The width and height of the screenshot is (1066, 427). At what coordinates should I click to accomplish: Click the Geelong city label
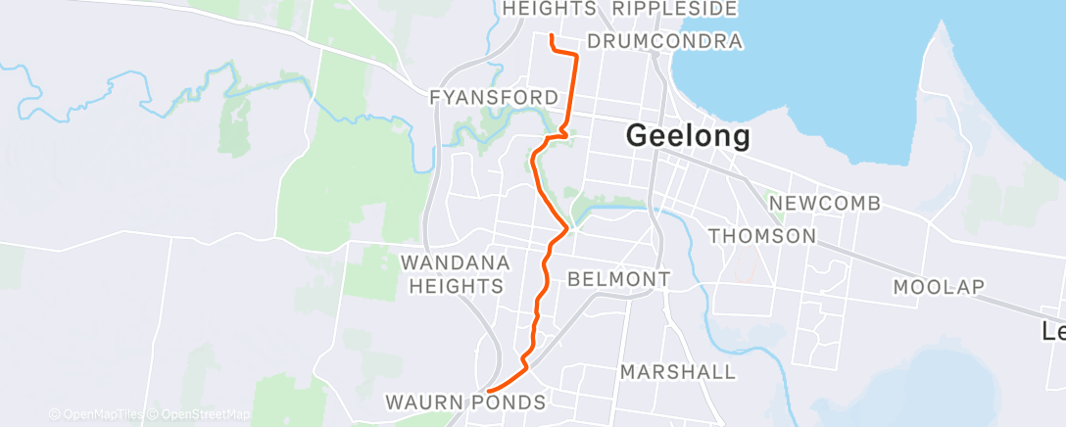[688, 136]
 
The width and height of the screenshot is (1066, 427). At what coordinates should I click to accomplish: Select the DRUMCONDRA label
[664, 42]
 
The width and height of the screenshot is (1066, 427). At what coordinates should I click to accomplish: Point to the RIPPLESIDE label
[673, 9]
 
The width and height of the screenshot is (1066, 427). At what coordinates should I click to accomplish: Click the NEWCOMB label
[824, 204]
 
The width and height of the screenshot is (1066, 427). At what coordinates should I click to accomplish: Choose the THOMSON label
[761, 236]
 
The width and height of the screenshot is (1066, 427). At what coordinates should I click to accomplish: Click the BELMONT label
[618, 280]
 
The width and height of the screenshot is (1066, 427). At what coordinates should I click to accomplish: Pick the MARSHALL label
[678, 372]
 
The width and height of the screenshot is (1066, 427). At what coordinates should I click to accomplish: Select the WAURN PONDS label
[465, 403]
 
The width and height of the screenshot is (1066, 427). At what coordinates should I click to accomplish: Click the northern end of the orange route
[552, 36]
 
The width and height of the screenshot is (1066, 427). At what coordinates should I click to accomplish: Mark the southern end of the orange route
[488, 392]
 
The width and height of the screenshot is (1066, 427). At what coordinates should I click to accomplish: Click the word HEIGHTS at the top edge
[549, 9]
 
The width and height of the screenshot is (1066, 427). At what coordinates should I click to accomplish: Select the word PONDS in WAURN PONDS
[509, 403]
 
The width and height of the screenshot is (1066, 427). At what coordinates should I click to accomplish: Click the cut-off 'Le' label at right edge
[1053, 332]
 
